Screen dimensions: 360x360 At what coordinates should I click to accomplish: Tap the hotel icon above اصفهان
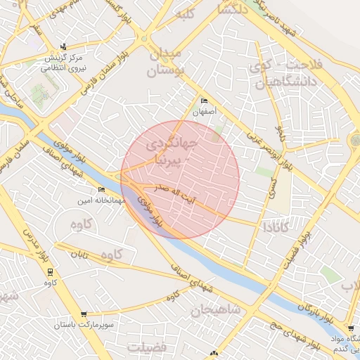pos(205,101)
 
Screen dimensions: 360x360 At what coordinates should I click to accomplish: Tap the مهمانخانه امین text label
pos(101,200)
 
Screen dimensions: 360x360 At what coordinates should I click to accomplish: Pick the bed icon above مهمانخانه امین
pos(101,190)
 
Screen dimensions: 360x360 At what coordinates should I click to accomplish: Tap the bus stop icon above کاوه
pos(49,271)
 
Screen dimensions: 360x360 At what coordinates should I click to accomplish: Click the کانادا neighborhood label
pos(276,227)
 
